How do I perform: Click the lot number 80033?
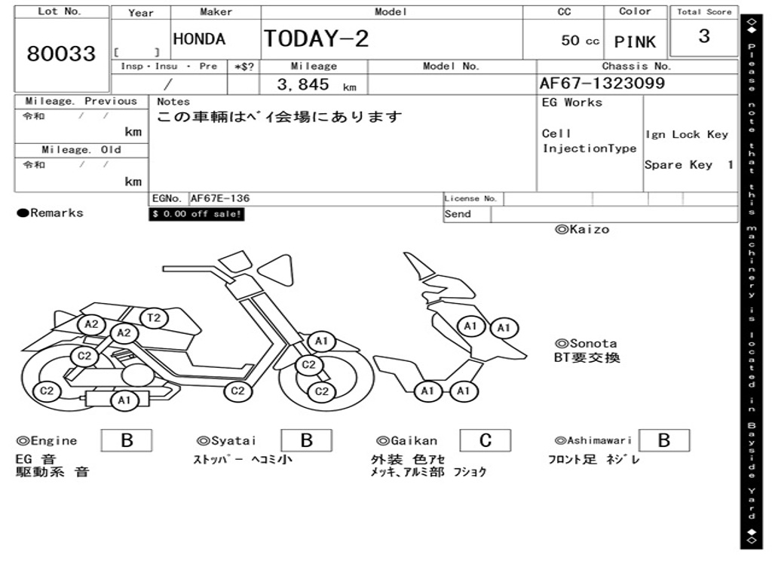(x=61, y=54)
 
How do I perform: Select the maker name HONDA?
(x=199, y=40)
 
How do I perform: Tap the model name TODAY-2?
(x=316, y=39)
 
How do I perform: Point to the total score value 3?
(x=703, y=37)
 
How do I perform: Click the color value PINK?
(x=635, y=42)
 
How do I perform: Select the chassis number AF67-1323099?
(x=602, y=83)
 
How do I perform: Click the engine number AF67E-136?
(x=220, y=199)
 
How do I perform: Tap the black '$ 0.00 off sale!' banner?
(x=196, y=214)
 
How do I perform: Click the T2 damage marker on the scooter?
(x=154, y=318)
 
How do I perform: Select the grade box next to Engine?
(x=126, y=440)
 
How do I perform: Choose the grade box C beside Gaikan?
(x=485, y=440)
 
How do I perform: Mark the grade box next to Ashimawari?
(x=663, y=440)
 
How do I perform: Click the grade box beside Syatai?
(x=306, y=440)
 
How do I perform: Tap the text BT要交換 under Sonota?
(x=587, y=357)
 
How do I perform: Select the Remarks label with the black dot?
(x=51, y=213)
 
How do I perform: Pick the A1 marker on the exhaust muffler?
(x=124, y=400)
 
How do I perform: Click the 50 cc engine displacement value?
(x=580, y=41)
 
